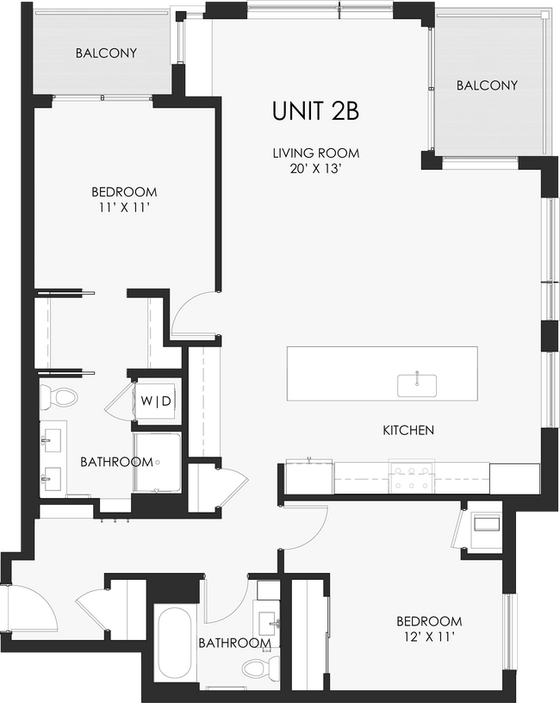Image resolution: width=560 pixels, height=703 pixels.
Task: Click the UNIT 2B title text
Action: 315,111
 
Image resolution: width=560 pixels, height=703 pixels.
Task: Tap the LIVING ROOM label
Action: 315,153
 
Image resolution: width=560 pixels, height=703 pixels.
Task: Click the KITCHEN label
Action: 408,430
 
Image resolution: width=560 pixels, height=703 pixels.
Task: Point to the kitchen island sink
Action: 416,385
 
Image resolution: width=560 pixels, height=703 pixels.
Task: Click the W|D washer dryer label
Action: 156,401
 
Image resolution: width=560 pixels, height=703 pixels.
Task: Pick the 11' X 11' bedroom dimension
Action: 124,207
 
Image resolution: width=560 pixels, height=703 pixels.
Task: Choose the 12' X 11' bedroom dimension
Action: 428,637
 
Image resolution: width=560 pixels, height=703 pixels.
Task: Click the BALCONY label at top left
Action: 105,53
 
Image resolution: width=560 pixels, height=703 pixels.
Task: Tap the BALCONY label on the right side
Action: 487,85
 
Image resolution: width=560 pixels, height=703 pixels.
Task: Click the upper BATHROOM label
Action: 116,462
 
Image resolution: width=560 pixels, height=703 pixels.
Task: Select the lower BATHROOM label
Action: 234,643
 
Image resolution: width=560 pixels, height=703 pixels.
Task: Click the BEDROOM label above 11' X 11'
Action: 124,191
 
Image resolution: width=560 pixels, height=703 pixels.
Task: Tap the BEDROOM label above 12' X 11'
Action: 428,621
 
